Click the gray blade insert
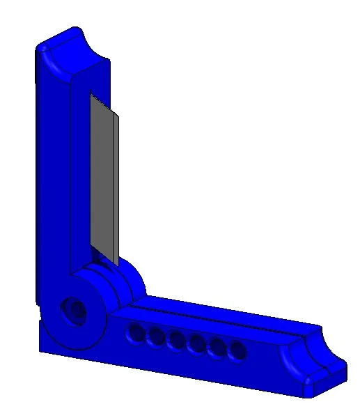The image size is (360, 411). tap(103, 178)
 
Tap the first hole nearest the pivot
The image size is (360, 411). tap(134, 334)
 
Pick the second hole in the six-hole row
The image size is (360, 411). tap(155, 338)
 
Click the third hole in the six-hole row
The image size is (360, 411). tap(176, 341)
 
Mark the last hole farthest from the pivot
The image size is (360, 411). tap(237, 350)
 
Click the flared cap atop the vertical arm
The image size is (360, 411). tap(73, 47)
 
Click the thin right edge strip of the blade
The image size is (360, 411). tap(116, 188)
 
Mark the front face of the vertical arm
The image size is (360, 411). tap(78, 174)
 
